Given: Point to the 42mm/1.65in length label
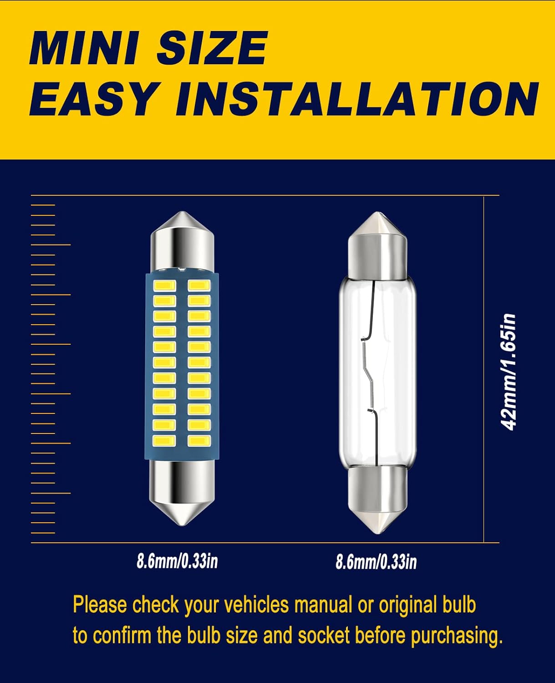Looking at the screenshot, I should point(508,372).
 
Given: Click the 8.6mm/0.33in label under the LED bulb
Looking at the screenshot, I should point(177,561).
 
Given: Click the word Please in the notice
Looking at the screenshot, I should point(100,605).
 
